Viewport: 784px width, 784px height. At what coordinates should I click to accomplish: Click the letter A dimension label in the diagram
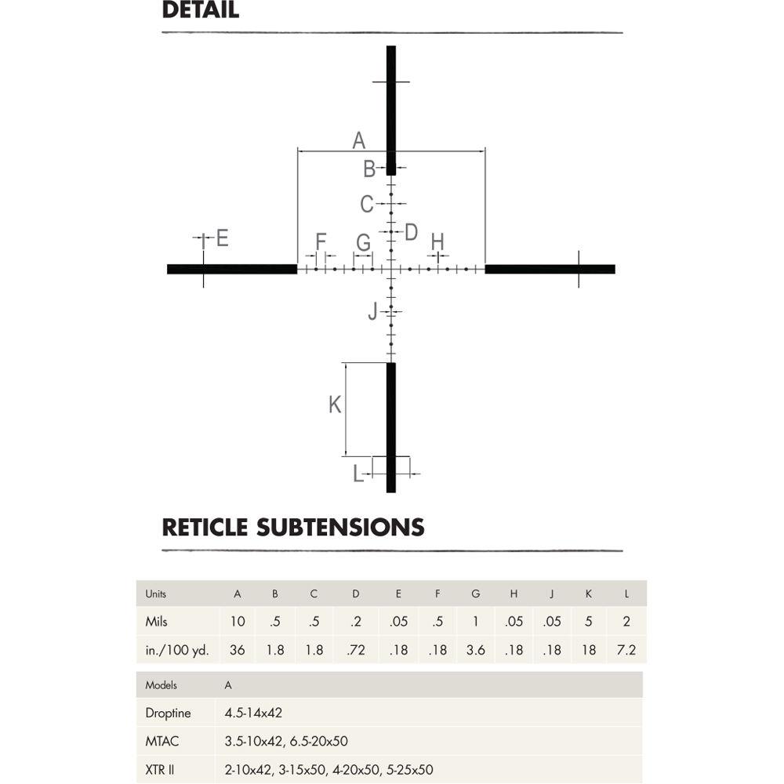358,140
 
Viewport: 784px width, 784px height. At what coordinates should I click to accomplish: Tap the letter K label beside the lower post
335,405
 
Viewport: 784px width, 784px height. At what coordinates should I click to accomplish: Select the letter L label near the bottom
358,474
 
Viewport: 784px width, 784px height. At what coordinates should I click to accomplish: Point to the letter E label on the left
222,238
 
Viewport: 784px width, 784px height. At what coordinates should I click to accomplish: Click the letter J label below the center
372,312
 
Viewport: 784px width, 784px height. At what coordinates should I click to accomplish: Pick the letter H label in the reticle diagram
437,241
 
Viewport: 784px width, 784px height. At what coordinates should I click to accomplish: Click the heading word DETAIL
200,11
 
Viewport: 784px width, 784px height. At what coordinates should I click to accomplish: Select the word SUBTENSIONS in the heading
340,527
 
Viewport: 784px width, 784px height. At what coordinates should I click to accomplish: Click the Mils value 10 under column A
237,622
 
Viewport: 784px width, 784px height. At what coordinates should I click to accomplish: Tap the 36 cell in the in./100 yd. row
237,650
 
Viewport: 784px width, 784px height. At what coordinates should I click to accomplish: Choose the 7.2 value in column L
626,650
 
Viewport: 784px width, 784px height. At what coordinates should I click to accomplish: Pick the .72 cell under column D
356,650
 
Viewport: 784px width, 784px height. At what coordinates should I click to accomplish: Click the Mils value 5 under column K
588,622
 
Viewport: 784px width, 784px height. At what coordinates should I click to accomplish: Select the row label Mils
157,622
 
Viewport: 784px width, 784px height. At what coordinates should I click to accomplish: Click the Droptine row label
167,713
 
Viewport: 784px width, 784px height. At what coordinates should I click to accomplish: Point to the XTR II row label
160,770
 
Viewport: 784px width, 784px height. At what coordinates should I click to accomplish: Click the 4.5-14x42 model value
253,713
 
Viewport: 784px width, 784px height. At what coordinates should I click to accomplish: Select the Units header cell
156,593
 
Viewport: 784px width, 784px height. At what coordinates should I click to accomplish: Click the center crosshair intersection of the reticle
390,269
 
